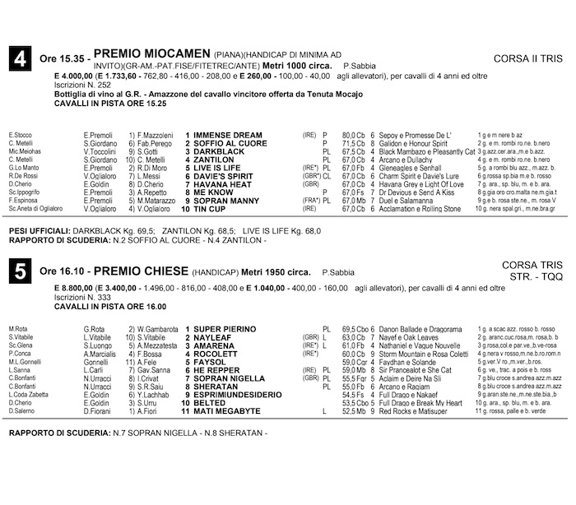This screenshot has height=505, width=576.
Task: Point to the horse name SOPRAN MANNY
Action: pos(226,201)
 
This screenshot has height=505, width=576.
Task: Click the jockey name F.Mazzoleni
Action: pos(154,134)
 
